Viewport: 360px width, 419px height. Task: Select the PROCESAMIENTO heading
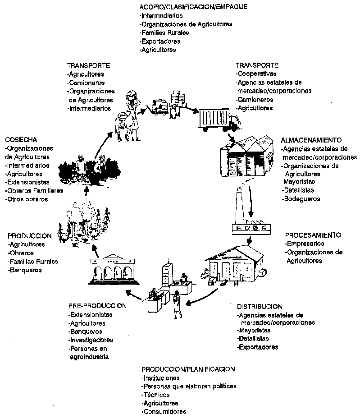tap(313, 235)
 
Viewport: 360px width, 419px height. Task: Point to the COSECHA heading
tap(21, 140)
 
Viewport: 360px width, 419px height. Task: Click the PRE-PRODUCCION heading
tap(98, 306)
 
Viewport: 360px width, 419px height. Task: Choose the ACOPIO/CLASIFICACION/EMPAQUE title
tap(193, 7)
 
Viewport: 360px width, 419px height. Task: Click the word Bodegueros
tap(302, 198)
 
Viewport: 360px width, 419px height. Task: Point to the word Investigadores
tap(91, 340)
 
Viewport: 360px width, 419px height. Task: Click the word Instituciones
tap(161, 378)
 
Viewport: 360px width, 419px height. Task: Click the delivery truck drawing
tap(218, 119)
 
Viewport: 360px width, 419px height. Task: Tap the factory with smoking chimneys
tap(249, 212)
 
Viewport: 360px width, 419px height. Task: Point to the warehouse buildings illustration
tap(247, 156)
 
